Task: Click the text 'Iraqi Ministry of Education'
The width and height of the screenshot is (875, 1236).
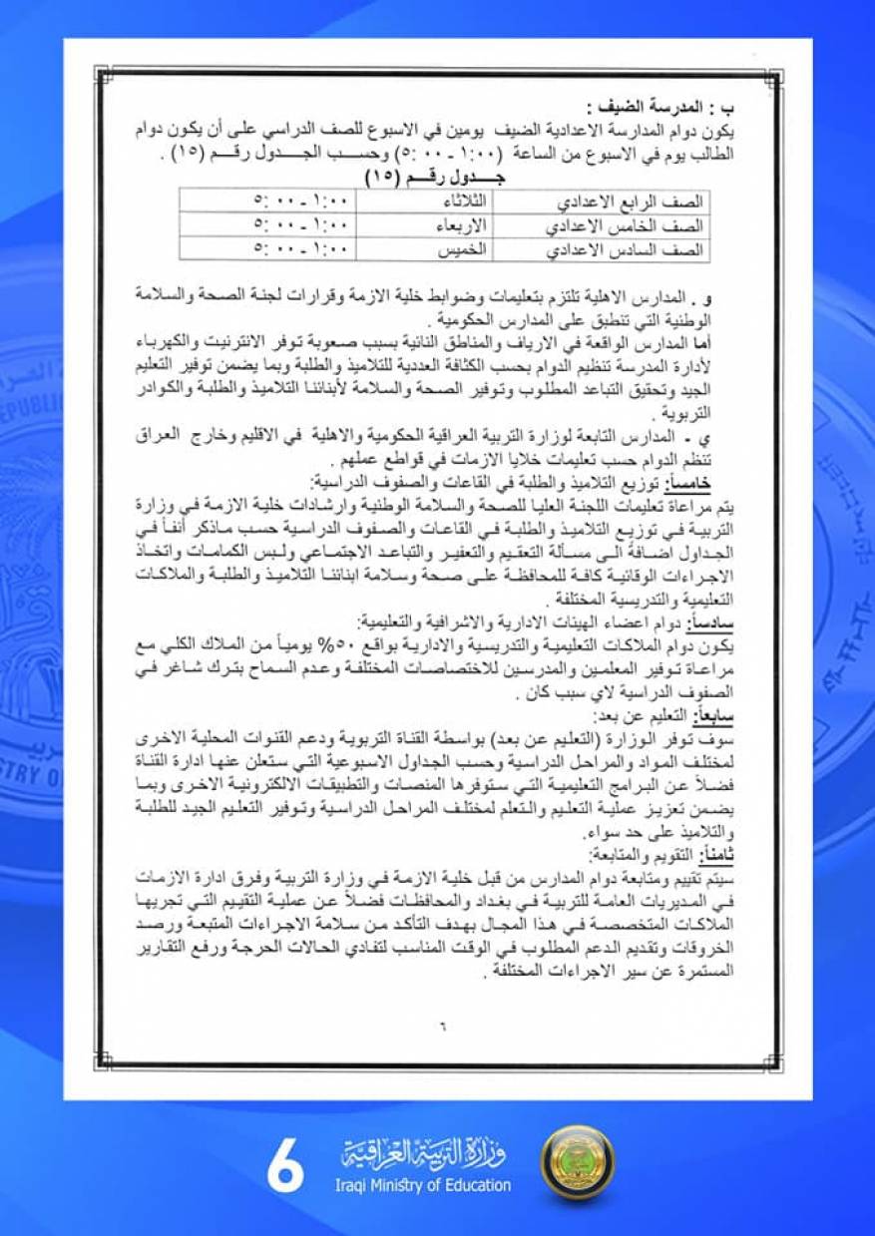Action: (x=424, y=1185)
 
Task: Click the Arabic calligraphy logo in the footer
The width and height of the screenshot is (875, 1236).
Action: (x=424, y=1156)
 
